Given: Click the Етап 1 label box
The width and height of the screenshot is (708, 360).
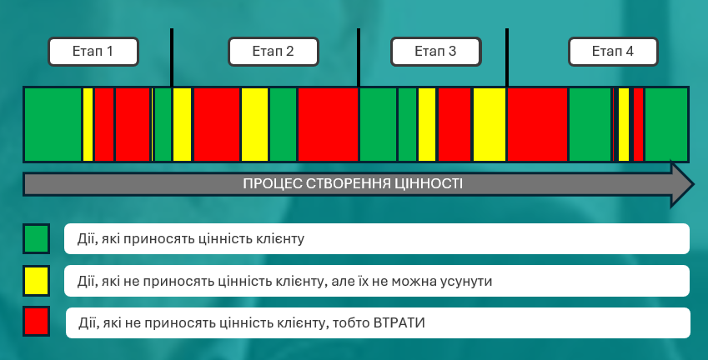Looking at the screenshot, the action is click(93, 52).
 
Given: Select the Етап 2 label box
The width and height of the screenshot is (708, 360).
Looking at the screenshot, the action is click(274, 52).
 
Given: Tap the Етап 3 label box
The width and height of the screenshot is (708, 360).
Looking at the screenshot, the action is click(436, 52).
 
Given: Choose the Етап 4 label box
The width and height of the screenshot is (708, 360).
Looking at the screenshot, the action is click(613, 52).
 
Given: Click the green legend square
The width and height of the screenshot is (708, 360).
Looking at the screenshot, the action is click(36, 238).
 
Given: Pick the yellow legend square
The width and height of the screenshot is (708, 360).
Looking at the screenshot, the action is click(36, 281).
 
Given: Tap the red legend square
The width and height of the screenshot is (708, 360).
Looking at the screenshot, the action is click(36, 322).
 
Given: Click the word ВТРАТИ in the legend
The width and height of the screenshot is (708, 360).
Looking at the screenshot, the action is click(399, 323).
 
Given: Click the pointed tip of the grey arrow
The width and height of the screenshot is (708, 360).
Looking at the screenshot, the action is click(693, 184).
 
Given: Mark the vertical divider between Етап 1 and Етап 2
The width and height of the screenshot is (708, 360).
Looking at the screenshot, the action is click(172, 57).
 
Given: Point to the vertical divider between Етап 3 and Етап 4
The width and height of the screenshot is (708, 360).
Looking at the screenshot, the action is click(507, 57).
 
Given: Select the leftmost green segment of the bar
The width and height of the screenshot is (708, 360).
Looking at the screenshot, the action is click(53, 124).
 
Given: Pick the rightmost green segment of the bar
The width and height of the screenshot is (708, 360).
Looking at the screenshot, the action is click(666, 124).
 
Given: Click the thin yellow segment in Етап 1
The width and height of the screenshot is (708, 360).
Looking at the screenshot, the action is click(88, 124).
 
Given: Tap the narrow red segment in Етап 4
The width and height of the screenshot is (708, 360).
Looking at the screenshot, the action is click(638, 124).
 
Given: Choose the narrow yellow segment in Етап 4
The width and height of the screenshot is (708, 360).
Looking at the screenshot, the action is click(624, 124).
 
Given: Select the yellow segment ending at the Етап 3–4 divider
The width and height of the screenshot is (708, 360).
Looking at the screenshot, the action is click(490, 124).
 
